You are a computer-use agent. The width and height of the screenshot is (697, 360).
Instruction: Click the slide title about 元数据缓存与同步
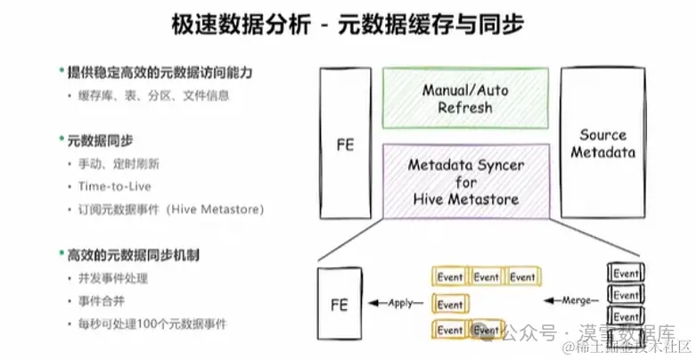pyautogui.click(x=348, y=25)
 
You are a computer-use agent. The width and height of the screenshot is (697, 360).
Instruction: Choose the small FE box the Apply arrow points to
pyautogui.click(x=340, y=304)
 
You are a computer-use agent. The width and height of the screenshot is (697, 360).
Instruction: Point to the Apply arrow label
pyautogui.click(x=400, y=303)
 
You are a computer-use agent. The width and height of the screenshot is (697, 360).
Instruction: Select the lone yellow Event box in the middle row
pyautogui.click(x=450, y=304)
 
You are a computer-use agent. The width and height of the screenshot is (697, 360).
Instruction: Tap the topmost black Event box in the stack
pyautogui.click(x=626, y=273)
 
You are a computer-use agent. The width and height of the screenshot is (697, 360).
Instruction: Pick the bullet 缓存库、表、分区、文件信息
pyautogui.click(x=142, y=94)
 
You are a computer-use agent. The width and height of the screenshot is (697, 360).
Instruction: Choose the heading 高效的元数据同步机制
pyautogui.click(x=133, y=255)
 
